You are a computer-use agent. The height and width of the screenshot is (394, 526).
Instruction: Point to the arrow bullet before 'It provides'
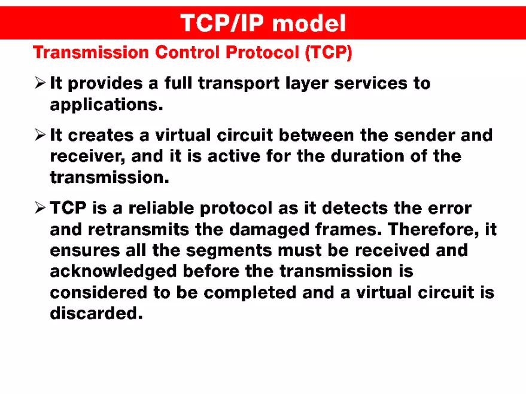[x=40, y=83]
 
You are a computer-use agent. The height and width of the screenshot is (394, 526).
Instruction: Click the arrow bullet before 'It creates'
[x=40, y=135]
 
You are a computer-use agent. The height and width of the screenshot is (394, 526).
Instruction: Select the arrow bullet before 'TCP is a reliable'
[x=40, y=208]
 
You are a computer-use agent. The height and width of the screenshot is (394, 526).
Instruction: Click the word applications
[x=106, y=105]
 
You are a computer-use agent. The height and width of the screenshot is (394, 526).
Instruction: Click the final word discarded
[x=96, y=313]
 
